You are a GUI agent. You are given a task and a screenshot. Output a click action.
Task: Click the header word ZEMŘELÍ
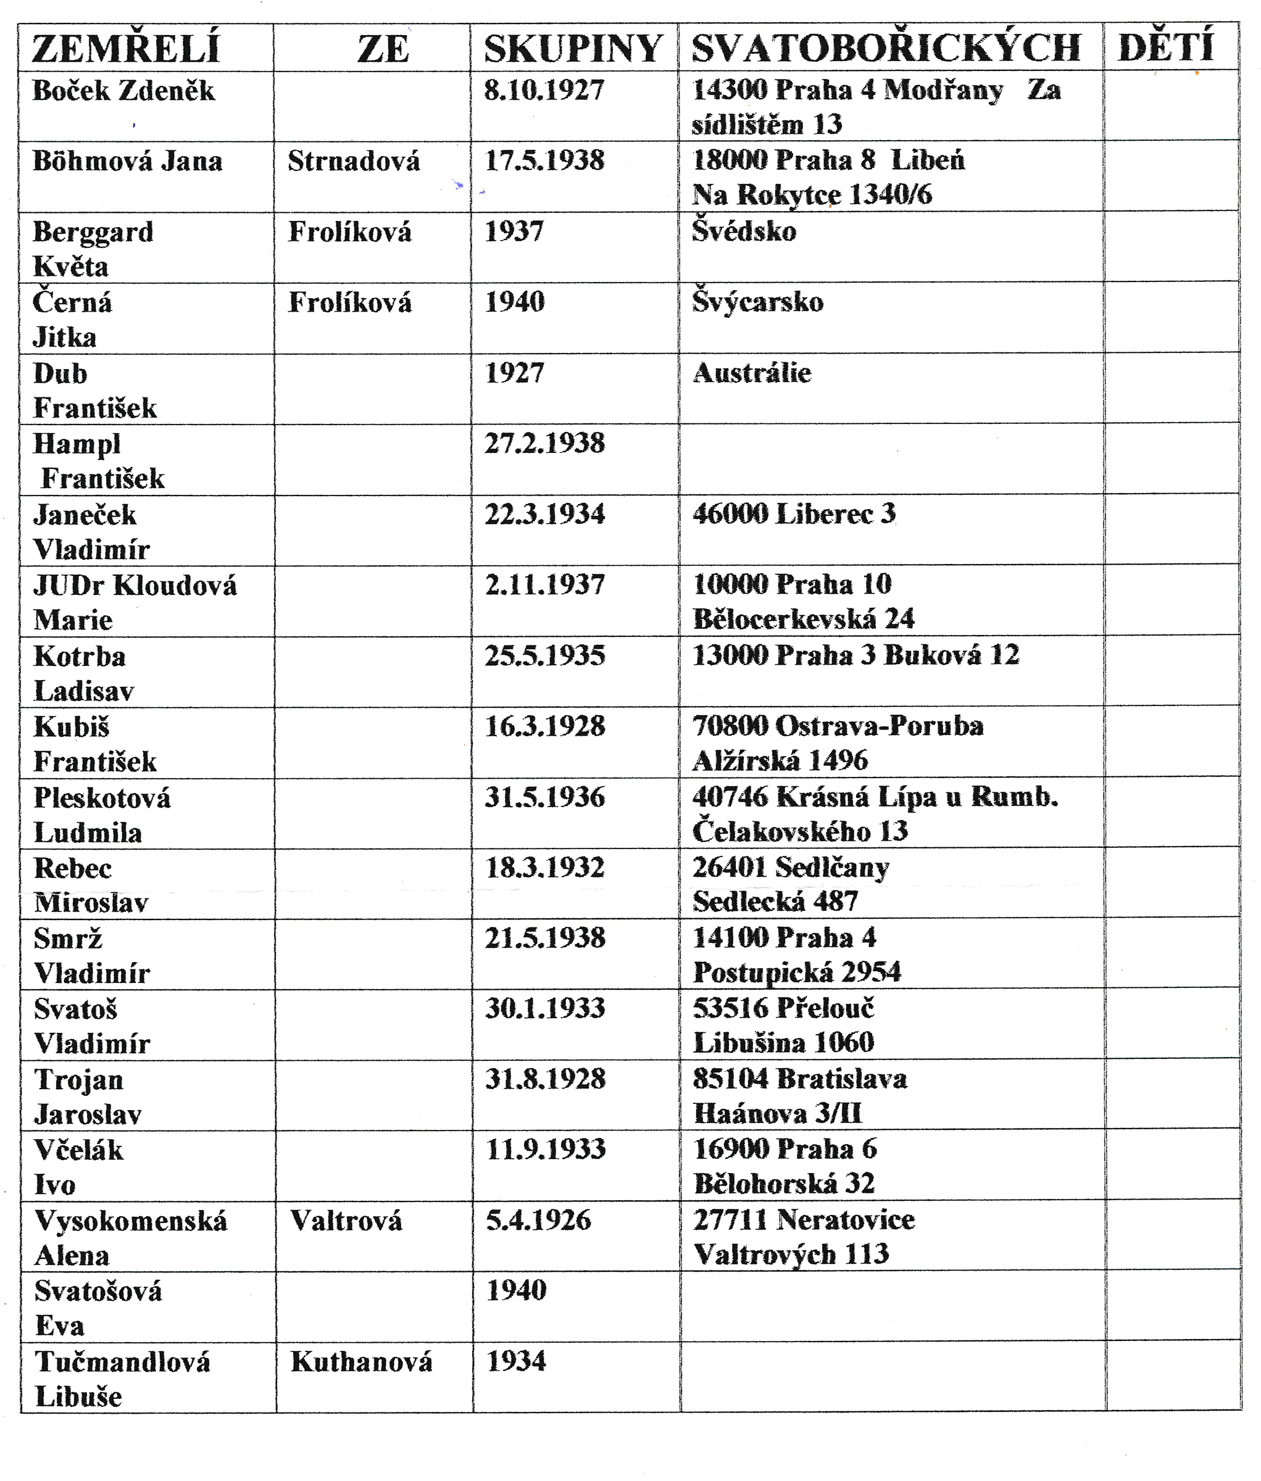pos(126,49)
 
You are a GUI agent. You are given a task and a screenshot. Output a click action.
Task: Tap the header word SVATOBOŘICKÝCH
pos(886,48)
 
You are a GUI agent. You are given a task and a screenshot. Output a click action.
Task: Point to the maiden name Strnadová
pos(354,161)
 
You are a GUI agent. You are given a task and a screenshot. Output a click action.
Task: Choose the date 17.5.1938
pos(545,160)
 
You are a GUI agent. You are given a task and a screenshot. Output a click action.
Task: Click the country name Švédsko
pos(744,231)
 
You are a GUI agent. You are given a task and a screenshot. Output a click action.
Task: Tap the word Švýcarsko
pos(758,302)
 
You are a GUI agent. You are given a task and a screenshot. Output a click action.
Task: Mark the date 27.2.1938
pos(545,443)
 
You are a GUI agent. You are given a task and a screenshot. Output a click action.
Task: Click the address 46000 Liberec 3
pos(794,514)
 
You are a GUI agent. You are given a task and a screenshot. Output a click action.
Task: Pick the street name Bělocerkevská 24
pos(804,619)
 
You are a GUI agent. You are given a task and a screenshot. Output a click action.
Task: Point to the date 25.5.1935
pos(545,655)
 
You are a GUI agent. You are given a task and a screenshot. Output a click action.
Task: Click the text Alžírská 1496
pos(780,760)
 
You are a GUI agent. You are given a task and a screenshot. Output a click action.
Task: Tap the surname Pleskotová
pos(102,798)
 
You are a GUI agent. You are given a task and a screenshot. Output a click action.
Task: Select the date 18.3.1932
pos(545,868)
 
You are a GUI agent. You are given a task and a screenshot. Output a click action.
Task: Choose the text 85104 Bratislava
pos(800,1079)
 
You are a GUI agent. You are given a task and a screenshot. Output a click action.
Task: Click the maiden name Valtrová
pos(346,1220)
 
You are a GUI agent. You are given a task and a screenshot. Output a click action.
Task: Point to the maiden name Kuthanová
pos(361,1362)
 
